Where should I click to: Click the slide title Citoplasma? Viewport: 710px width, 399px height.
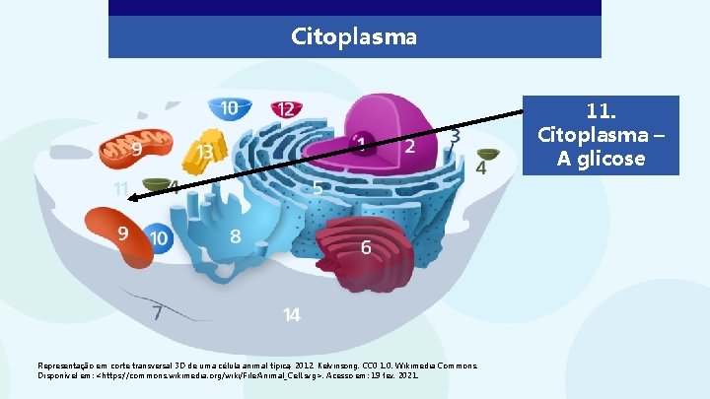[354, 37]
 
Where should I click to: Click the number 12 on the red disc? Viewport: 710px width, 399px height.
[285, 109]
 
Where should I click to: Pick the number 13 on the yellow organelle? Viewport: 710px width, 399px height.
[206, 153]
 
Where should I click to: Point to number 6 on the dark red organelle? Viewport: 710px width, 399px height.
[366, 247]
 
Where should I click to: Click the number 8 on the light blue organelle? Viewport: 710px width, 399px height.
[235, 236]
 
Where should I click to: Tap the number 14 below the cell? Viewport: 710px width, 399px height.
[291, 314]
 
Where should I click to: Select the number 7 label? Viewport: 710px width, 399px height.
[157, 313]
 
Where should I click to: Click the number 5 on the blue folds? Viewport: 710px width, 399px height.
[318, 186]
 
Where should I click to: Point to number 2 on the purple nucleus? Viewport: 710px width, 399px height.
[409, 146]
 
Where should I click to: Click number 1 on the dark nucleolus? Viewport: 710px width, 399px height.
[362, 144]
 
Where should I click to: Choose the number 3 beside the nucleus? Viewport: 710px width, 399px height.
[455, 136]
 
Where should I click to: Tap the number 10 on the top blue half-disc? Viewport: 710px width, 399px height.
[229, 107]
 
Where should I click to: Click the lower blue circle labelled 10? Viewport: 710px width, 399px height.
[158, 237]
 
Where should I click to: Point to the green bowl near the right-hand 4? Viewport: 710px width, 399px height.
[487, 155]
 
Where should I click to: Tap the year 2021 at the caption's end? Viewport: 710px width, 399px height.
[408, 375]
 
